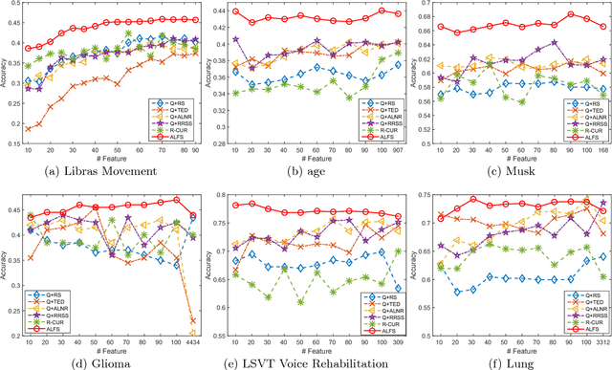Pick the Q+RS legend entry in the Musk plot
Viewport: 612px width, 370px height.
[x=581, y=98]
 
